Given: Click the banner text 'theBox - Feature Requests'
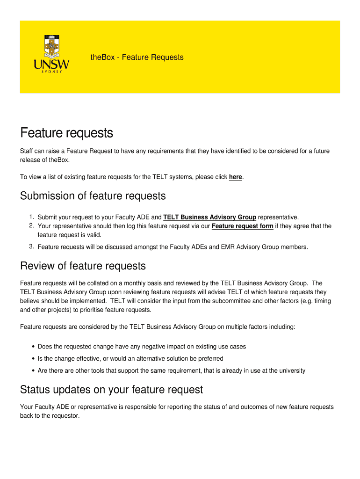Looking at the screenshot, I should click(x=137, y=58).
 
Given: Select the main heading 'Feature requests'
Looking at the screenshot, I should click(x=66, y=133).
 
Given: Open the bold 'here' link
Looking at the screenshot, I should click(x=236, y=177).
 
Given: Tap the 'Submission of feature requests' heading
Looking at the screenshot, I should click(x=93, y=196).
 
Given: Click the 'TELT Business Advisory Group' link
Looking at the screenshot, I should click(x=209, y=217).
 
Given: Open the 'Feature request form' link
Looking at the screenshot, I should click(x=243, y=226).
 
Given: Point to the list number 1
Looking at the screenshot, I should click(x=31, y=217).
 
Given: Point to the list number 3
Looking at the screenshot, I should click(x=31, y=247).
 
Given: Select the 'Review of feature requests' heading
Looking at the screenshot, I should click(x=83, y=266).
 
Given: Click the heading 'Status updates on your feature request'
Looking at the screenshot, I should click(x=111, y=390).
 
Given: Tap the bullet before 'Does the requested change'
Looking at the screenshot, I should click(x=33, y=347).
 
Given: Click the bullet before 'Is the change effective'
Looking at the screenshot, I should click(x=33, y=359).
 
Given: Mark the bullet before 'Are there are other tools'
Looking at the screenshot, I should click(x=33, y=371).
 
